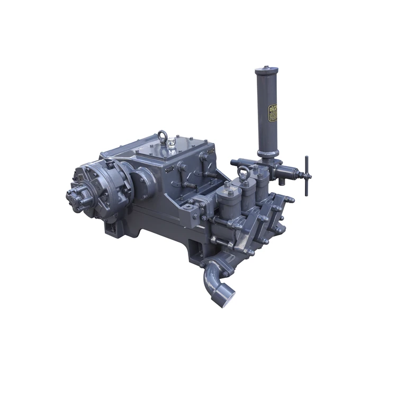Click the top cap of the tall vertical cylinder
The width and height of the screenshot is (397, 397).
(x=266, y=70)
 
